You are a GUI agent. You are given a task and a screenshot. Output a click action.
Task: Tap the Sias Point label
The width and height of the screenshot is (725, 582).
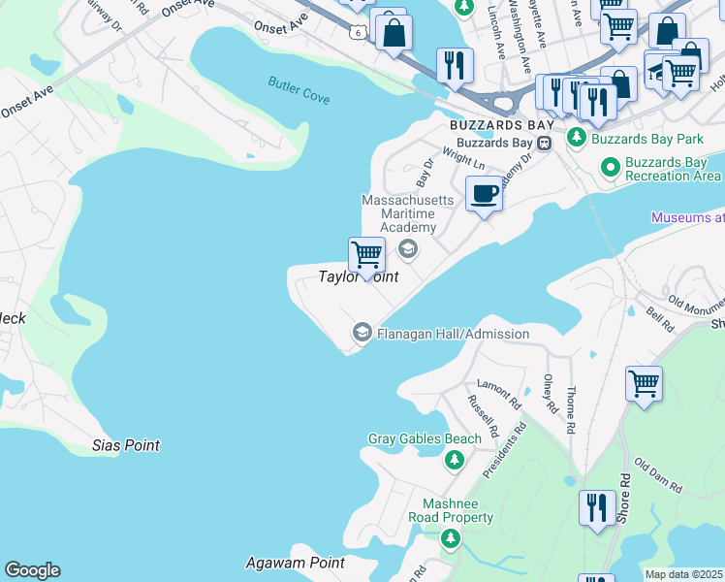pos(125,445)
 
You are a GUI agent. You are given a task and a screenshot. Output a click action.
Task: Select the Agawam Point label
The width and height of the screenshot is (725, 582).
pos(281,563)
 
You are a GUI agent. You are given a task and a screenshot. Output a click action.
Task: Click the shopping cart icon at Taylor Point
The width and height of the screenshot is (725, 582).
pos(366,256)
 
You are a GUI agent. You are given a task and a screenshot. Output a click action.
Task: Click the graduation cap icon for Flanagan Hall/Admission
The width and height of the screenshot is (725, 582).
pos(362,334)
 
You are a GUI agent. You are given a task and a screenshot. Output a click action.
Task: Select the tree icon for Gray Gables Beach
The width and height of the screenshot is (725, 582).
pos(454,460)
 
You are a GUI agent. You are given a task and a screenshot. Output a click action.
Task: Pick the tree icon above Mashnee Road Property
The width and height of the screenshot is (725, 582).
pos(450,538)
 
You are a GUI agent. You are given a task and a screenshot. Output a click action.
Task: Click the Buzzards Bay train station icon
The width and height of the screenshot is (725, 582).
pos(545,143)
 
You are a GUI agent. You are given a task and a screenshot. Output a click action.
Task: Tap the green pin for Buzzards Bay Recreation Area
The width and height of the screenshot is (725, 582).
pos(610,167)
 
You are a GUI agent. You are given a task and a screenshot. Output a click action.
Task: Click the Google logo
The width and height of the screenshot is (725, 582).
pos(32,570)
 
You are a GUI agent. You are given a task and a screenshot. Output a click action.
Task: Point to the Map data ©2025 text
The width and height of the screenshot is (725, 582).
pos(683,574)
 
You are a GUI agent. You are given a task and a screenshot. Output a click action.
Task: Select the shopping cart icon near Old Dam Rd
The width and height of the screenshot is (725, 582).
pos(644,384)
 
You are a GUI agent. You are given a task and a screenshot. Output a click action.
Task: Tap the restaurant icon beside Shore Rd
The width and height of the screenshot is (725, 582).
pos(597,507)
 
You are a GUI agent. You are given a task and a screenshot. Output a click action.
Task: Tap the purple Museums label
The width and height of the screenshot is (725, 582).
pos(687,218)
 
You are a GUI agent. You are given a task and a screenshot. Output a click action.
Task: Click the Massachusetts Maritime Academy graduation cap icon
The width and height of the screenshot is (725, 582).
pos(407,249)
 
